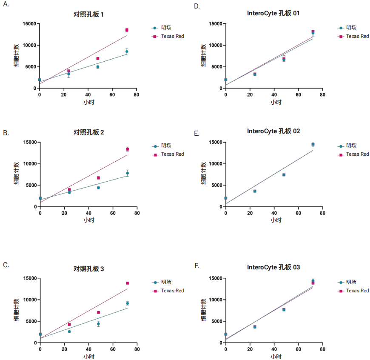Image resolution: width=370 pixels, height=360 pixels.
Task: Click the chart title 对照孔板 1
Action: point(88,14)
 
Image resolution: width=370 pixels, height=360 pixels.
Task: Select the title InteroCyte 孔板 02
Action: point(273,131)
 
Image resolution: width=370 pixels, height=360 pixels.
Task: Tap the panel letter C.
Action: point(6,265)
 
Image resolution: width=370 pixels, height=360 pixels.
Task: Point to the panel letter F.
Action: point(196,266)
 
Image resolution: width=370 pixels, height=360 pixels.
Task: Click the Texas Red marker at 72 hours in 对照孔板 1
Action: point(127,30)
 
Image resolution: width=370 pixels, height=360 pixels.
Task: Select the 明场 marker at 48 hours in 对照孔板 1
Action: point(98,67)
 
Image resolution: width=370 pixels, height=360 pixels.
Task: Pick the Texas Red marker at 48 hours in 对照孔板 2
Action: point(98,178)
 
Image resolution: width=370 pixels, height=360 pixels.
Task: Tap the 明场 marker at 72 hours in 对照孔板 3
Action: point(127,303)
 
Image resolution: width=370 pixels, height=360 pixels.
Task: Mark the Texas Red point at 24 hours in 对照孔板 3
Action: point(69,324)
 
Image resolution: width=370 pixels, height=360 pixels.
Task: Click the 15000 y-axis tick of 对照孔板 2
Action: point(28,142)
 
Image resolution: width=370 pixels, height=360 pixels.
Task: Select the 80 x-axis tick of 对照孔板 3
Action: point(137,349)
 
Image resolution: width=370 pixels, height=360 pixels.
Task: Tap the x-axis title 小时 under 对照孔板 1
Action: point(88,103)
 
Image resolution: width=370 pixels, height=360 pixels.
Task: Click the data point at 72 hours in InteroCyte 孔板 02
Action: point(313,144)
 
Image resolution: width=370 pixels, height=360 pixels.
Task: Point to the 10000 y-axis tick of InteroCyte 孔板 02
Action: point(215,164)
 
